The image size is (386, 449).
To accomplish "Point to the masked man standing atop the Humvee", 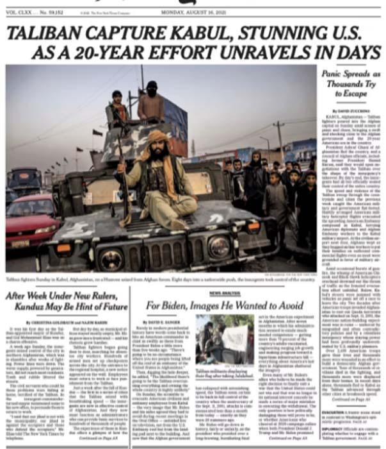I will [x=151, y=103].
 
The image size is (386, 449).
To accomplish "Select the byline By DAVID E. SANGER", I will [x=163, y=319].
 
